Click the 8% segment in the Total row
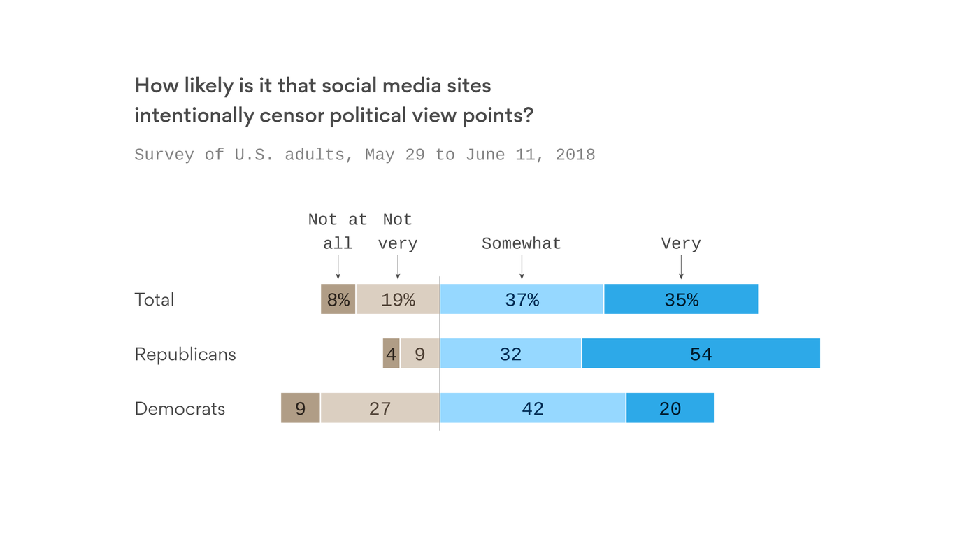pos(338,299)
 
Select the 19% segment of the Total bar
pos(398,299)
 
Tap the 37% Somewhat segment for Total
pos(522,299)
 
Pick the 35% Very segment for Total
pos(681,299)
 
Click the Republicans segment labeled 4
pos(392,354)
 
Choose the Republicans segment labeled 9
pos(419,354)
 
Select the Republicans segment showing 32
pos(510,354)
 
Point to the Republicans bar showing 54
pos(701,354)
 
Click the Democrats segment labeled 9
pos(301,408)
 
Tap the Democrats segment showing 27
pos(380,408)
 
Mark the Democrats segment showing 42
pos(533,408)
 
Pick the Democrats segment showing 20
pos(670,408)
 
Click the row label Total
pos(155,300)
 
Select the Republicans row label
pos(185,355)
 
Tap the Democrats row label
pos(180,409)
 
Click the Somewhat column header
pos(522,243)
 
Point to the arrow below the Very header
pos(681,267)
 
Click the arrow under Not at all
pos(338,267)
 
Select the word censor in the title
pos(292,115)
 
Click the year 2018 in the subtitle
pos(575,155)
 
